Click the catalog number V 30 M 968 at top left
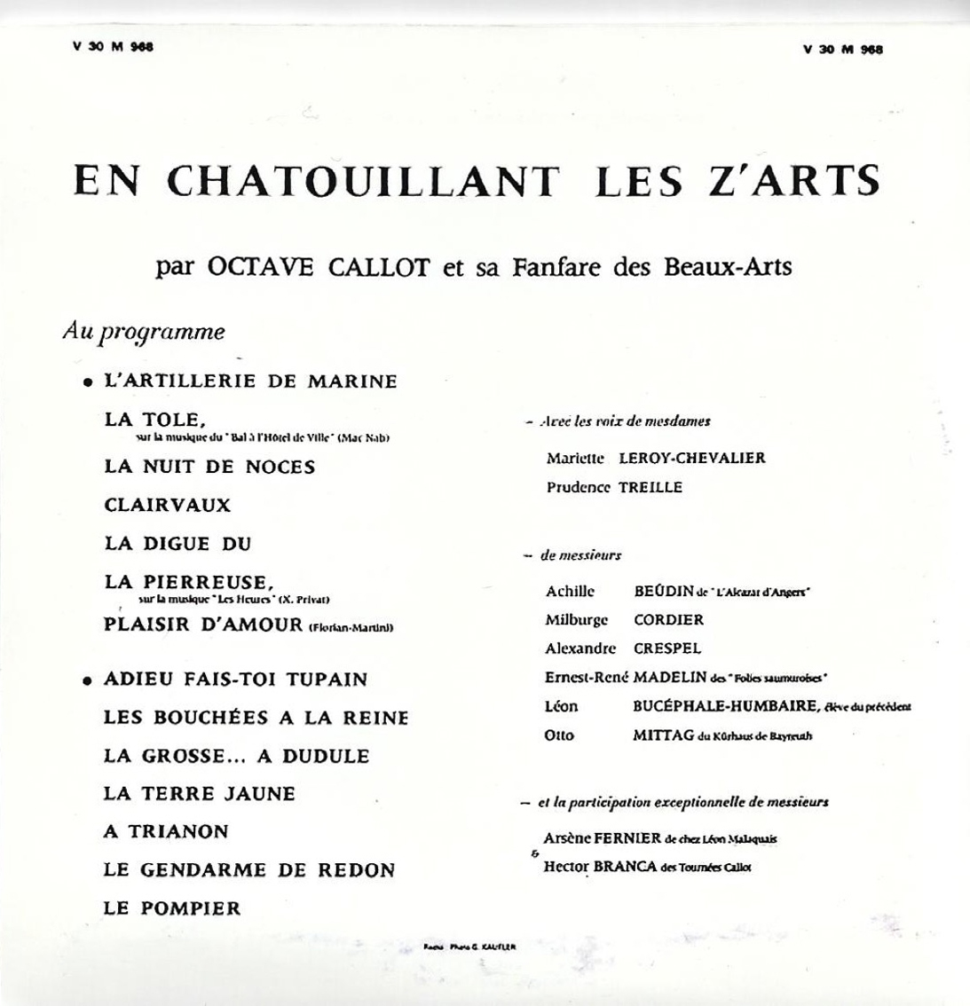113,48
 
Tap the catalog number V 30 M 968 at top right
842,50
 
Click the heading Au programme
144,333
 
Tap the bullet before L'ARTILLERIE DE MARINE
88,383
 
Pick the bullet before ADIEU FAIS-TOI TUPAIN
88,681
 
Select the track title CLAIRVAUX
167,505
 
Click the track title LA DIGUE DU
177,544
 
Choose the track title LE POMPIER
172,908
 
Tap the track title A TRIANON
166,831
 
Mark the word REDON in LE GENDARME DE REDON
357,869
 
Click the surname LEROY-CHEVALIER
691,458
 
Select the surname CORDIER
668,620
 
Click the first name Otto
560,735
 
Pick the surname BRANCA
627,866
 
